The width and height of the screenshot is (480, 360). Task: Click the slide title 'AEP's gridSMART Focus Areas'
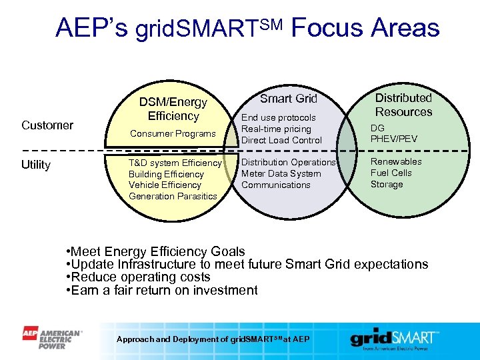click(x=247, y=28)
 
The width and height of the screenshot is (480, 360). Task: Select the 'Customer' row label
click(x=47, y=125)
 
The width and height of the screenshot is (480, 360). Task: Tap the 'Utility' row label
click(x=36, y=165)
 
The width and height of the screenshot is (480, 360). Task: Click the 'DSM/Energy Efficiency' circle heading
click(x=173, y=109)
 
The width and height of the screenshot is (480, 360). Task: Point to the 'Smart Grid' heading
click(x=288, y=99)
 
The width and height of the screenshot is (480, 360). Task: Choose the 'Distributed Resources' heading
click(x=403, y=105)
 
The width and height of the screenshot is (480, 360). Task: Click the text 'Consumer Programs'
click(x=173, y=134)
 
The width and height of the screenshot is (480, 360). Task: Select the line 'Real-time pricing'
click(x=276, y=129)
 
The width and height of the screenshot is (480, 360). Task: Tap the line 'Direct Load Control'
click(x=281, y=140)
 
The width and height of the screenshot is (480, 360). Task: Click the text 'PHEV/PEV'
click(x=394, y=139)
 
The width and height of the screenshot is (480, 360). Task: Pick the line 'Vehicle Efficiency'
click(x=165, y=185)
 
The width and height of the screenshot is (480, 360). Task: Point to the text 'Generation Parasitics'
click(x=173, y=196)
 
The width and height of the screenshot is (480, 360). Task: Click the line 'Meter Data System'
click(x=281, y=173)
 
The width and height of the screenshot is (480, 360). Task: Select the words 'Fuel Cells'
click(x=391, y=173)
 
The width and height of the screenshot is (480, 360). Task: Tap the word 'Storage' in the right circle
click(x=387, y=184)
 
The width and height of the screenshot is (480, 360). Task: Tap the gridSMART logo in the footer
click(x=395, y=339)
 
